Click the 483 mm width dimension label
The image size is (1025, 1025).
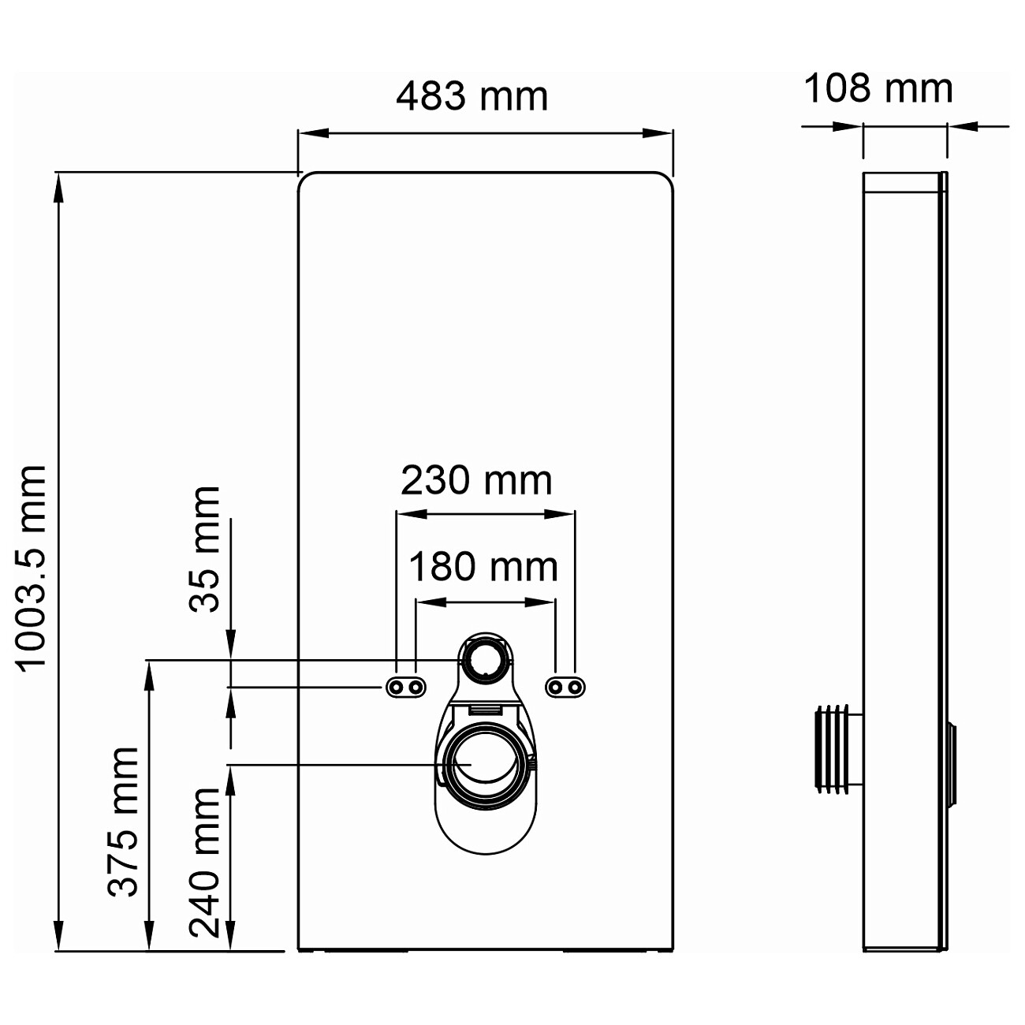click(x=471, y=97)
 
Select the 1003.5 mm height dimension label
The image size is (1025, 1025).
click(x=33, y=566)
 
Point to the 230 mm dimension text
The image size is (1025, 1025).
click(x=476, y=480)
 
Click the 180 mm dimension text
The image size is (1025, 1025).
click(x=483, y=566)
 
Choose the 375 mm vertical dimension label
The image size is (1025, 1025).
click(x=124, y=822)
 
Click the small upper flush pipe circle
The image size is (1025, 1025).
click(x=483, y=659)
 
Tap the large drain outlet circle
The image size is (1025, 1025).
click(x=483, y=764)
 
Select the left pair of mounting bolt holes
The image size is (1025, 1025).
click(x=406, y=688)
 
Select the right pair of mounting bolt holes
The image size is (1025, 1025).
click(x=566, y=688)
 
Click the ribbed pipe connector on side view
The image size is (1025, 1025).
click(x=837, y=747)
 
